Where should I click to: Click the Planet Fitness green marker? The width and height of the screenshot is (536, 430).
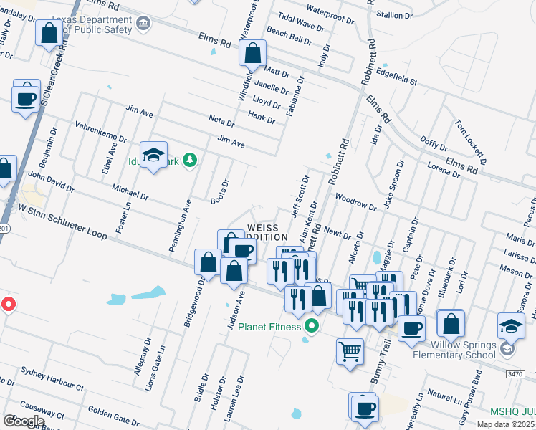pos(311,327)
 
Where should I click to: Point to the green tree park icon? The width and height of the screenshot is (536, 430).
pos(190,159)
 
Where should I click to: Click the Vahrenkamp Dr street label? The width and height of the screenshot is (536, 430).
pos(101,130)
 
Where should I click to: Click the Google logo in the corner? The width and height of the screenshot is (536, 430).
pos(24,421)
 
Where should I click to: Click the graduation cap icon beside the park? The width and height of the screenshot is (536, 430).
pos(153,156)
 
